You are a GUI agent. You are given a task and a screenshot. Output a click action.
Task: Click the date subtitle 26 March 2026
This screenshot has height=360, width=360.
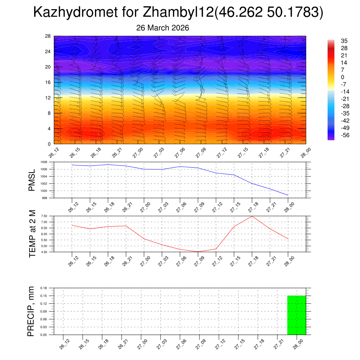tap(162, 28)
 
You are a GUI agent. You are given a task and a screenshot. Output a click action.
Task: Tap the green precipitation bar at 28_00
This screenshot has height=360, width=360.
tap(296, 315)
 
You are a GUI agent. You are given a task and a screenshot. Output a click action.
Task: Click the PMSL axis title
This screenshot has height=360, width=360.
tap(32, 180)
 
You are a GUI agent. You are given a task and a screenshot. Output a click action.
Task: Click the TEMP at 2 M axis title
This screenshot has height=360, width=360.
tap(32, 233)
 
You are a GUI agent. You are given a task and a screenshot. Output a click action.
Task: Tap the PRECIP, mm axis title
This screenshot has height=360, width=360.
tap(31, 311)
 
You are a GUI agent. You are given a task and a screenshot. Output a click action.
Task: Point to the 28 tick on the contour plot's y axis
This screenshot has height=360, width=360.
tap(48, 36)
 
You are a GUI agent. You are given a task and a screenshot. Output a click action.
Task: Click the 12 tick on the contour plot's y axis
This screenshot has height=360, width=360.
tap(48, 98)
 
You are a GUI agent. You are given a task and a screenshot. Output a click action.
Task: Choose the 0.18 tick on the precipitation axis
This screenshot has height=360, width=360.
tap(44, 288)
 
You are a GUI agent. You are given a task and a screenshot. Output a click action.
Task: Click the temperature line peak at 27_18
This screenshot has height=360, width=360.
tap(252, 216)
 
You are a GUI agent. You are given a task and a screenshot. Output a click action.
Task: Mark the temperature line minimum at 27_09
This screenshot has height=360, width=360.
tap(198, 252)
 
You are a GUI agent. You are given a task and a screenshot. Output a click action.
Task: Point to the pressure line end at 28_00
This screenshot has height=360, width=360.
tap(288, 195)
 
